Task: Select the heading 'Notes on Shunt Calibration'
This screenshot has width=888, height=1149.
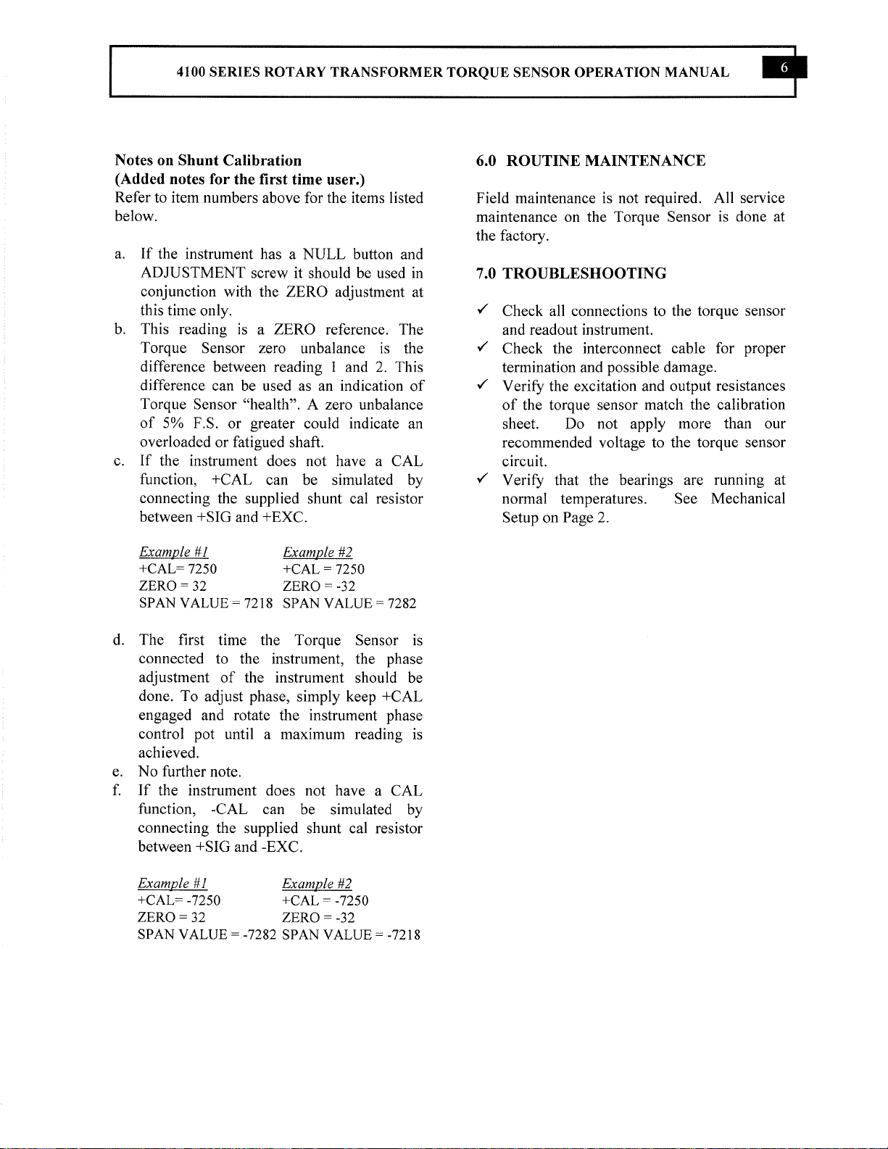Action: (208, 160)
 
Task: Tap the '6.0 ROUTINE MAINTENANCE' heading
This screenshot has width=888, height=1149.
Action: (591, 160)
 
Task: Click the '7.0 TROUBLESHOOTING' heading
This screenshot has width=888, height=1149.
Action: (571, 273)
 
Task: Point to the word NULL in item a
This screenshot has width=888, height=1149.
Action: (324, 254)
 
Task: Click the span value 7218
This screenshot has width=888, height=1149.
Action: (258, 603)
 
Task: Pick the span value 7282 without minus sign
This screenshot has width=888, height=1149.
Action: (402, 603)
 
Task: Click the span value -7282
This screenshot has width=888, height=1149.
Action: (260, 934)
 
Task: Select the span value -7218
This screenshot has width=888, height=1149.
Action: (404, 934)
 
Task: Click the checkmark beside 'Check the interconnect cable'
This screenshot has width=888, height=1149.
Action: (482, 348)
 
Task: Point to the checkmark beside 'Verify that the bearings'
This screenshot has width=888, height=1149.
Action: (482, 479)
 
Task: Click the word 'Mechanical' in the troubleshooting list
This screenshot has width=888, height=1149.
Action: (747, 499)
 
